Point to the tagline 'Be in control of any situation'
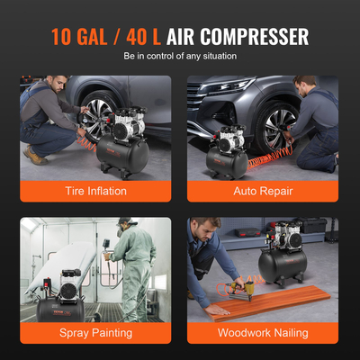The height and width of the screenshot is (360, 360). (180, 57)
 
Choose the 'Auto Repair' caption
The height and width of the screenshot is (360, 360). (263, 190)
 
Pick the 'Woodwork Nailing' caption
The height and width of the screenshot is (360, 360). (263, 332)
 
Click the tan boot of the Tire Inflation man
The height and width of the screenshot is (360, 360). (35, 157)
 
